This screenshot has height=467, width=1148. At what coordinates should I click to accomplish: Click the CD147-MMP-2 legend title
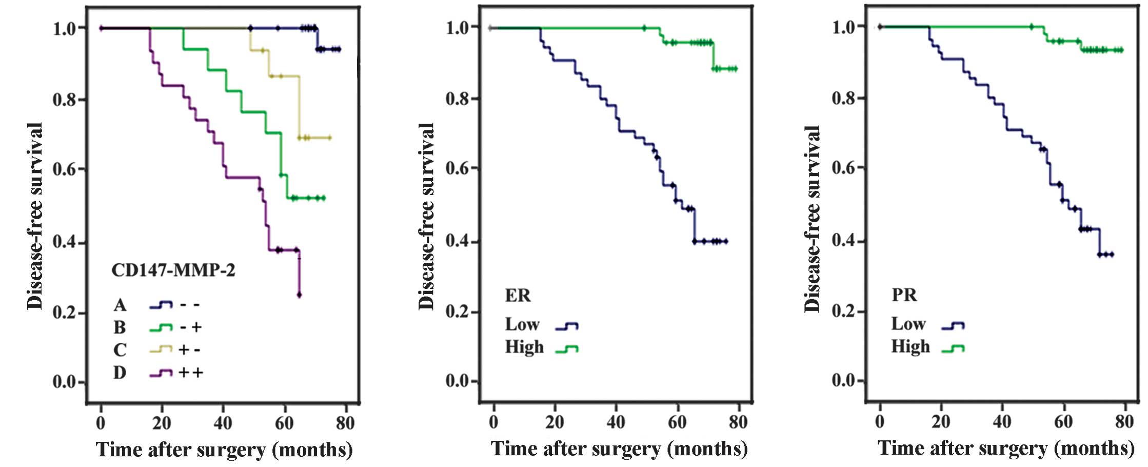coord(173,270)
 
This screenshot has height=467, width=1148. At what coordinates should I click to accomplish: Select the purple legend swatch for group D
coord(161,373)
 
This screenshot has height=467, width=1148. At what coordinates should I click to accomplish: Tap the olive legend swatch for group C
coord(161,350)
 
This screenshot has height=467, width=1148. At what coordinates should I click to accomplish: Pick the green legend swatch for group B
coord(161,327)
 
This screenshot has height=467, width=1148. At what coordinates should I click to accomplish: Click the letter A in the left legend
coord(120,305)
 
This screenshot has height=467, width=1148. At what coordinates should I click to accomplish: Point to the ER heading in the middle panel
coord(518,296)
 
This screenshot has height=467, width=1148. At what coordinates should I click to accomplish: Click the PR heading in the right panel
coord(904,295)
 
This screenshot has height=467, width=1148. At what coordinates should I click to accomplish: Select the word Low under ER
coord(522,324)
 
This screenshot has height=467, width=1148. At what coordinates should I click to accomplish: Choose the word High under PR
coord(910,346)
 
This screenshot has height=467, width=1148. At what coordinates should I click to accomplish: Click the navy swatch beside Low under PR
coord(953,325)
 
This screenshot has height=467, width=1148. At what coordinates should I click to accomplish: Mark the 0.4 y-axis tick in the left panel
coord(65,242)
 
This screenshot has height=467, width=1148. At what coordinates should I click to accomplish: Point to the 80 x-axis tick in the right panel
coord(1124,422)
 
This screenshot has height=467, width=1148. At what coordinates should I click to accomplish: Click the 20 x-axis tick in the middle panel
coord(555,422)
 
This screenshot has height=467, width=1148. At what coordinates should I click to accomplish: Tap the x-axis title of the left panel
coord(225,450)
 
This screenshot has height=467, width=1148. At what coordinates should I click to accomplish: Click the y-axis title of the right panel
coord(812,218)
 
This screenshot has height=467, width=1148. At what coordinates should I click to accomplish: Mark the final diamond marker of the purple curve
coord(299,295)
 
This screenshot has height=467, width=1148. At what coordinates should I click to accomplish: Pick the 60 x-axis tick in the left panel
coord(284,423)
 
